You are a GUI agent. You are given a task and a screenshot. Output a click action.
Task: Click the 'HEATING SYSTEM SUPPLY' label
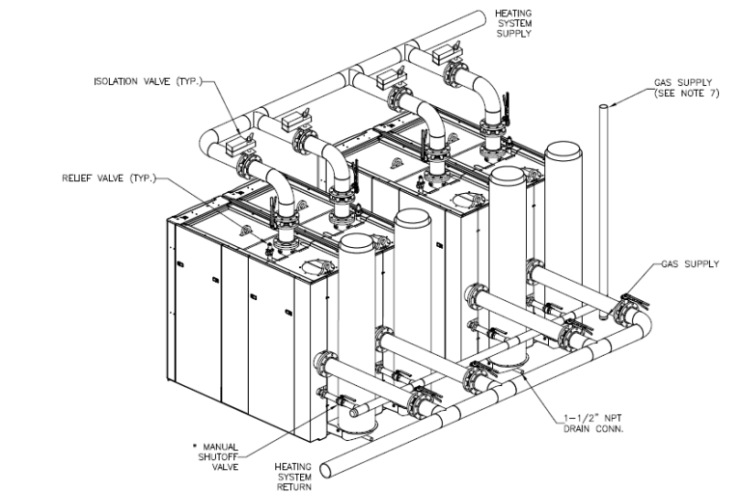512,22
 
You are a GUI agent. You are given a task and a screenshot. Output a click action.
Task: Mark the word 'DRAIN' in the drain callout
581,428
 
